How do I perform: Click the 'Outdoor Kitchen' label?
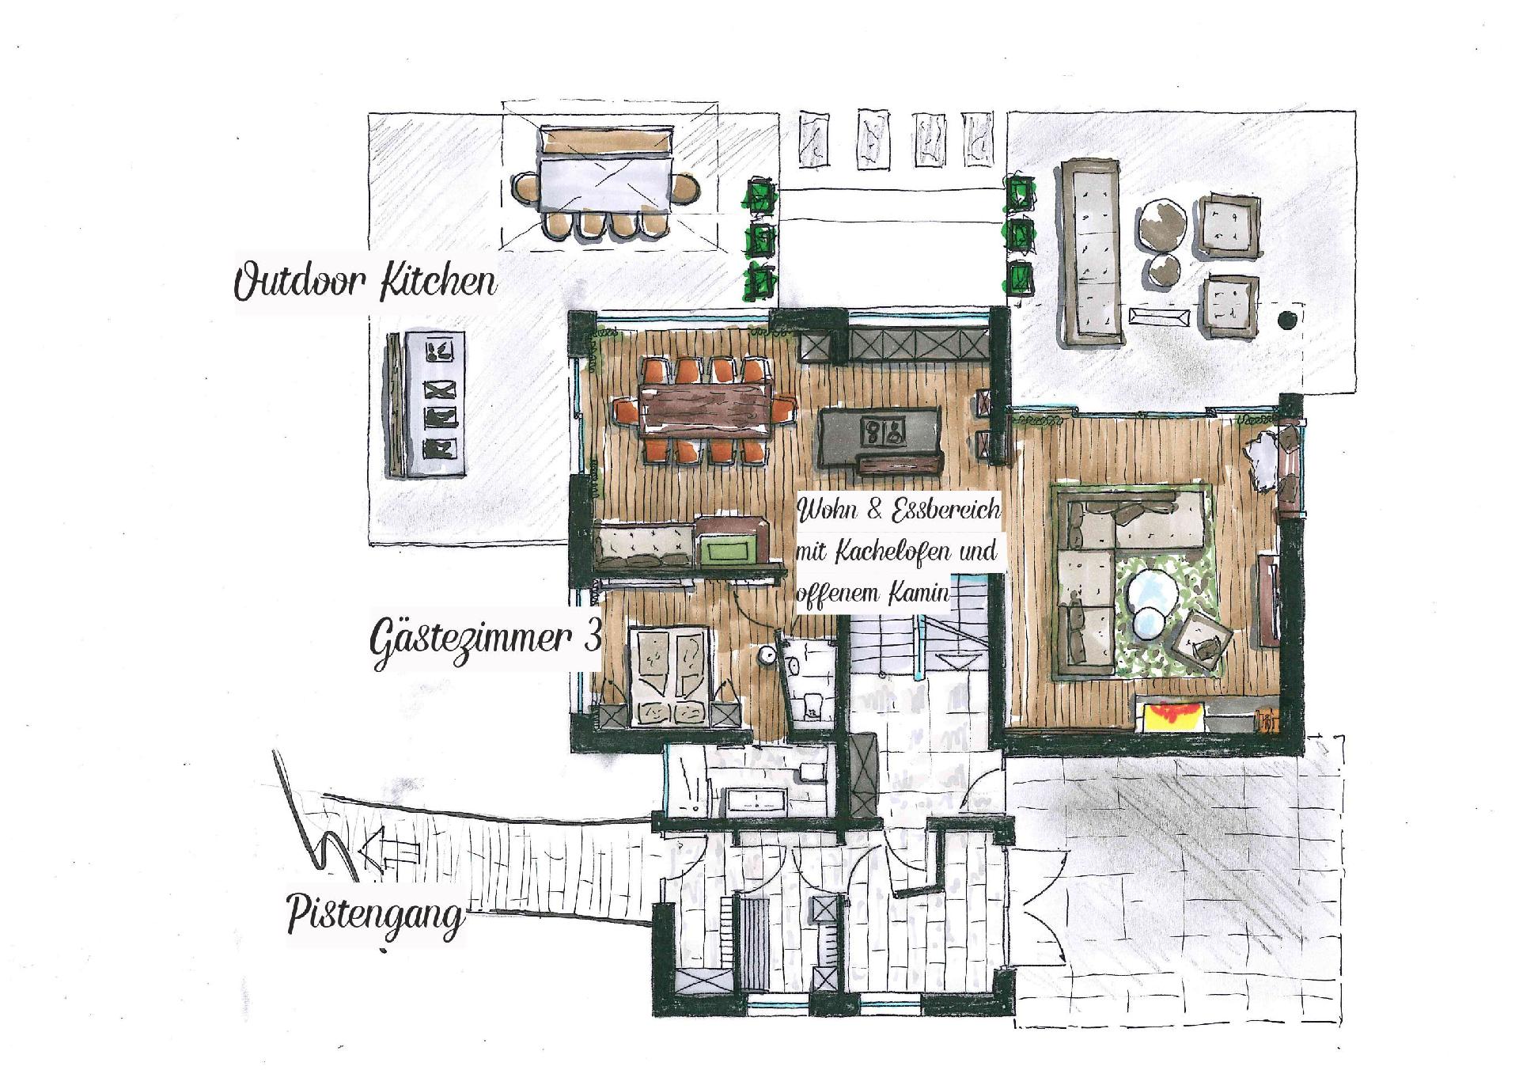click(x=365, y=283)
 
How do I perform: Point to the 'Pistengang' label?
click(x=375, y=917)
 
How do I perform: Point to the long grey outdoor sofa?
click(x=1093, y=251)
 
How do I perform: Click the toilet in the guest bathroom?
click(x=811, y=702)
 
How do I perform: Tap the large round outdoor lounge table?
click(x=1162, y=223)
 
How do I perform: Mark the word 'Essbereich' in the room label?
click(x=945, y=510)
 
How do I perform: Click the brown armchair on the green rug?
click(x=1200, y=647)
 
